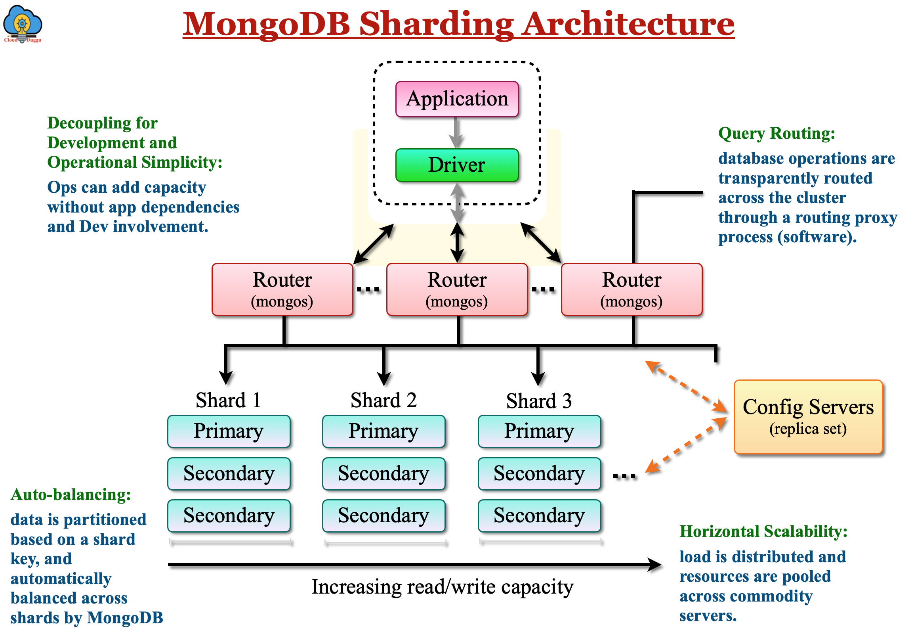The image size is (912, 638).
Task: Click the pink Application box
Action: tap(457, 99)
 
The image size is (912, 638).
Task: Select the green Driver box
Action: tap(457, 165)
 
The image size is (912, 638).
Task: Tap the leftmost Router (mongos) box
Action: tap(282, 289)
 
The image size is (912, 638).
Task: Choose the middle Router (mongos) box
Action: tap(457, 289)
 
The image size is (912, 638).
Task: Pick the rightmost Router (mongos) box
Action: tap(632, 289)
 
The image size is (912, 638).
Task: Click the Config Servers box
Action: tap(808, 417)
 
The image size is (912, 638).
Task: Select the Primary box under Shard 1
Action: tap(229, 431)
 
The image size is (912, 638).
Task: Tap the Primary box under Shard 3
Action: tap(539, 431)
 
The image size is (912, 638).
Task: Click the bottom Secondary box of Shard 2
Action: tap(384, 515)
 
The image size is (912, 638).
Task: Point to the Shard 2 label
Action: tap(384, 400)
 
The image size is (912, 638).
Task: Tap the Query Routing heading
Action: tap(777, 133)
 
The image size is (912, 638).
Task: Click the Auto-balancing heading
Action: tap(71, 494)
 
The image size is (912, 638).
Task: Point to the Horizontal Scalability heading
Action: tap(763, 531)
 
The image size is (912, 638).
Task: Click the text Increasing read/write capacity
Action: tap(442, 587)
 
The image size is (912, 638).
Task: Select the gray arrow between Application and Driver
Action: tap(457, 133)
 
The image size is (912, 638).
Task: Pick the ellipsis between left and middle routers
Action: tap(368, 289)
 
